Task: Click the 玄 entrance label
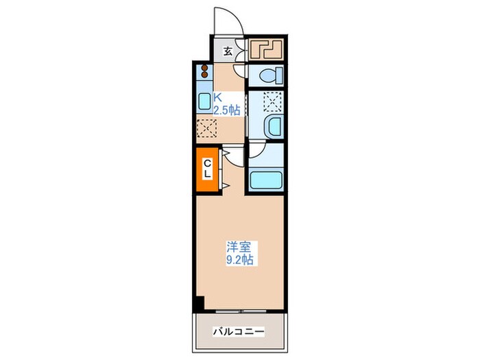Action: (x=228, y=51)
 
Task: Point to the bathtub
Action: (x=265, y=180)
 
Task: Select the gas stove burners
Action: (x=204, y=72)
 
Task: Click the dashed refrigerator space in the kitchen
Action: (x=206, y=128)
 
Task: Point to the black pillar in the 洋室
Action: (x=198, y=302)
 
